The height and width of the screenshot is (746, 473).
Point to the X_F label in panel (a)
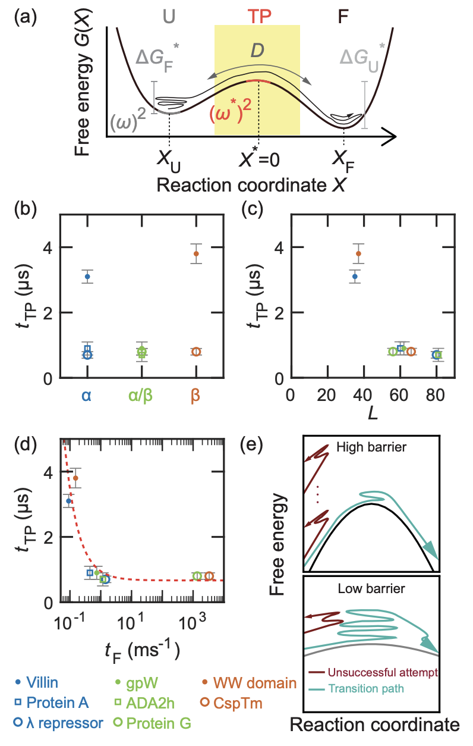(x=344, y=159)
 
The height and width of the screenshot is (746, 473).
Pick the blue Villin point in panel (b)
(x=87, y=277)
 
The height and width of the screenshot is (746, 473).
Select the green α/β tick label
(x=141, y=395)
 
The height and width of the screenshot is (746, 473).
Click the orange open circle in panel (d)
(x=209, y=576)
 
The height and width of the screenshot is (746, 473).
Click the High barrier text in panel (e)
(x=371, y=447)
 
